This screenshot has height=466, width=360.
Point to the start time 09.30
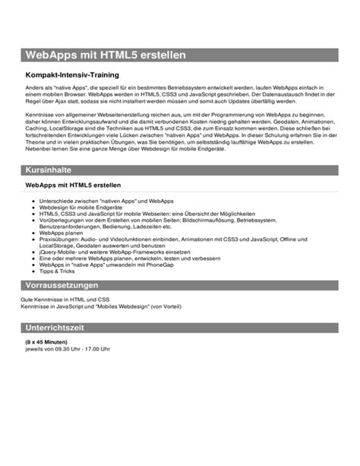pos(65,349)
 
